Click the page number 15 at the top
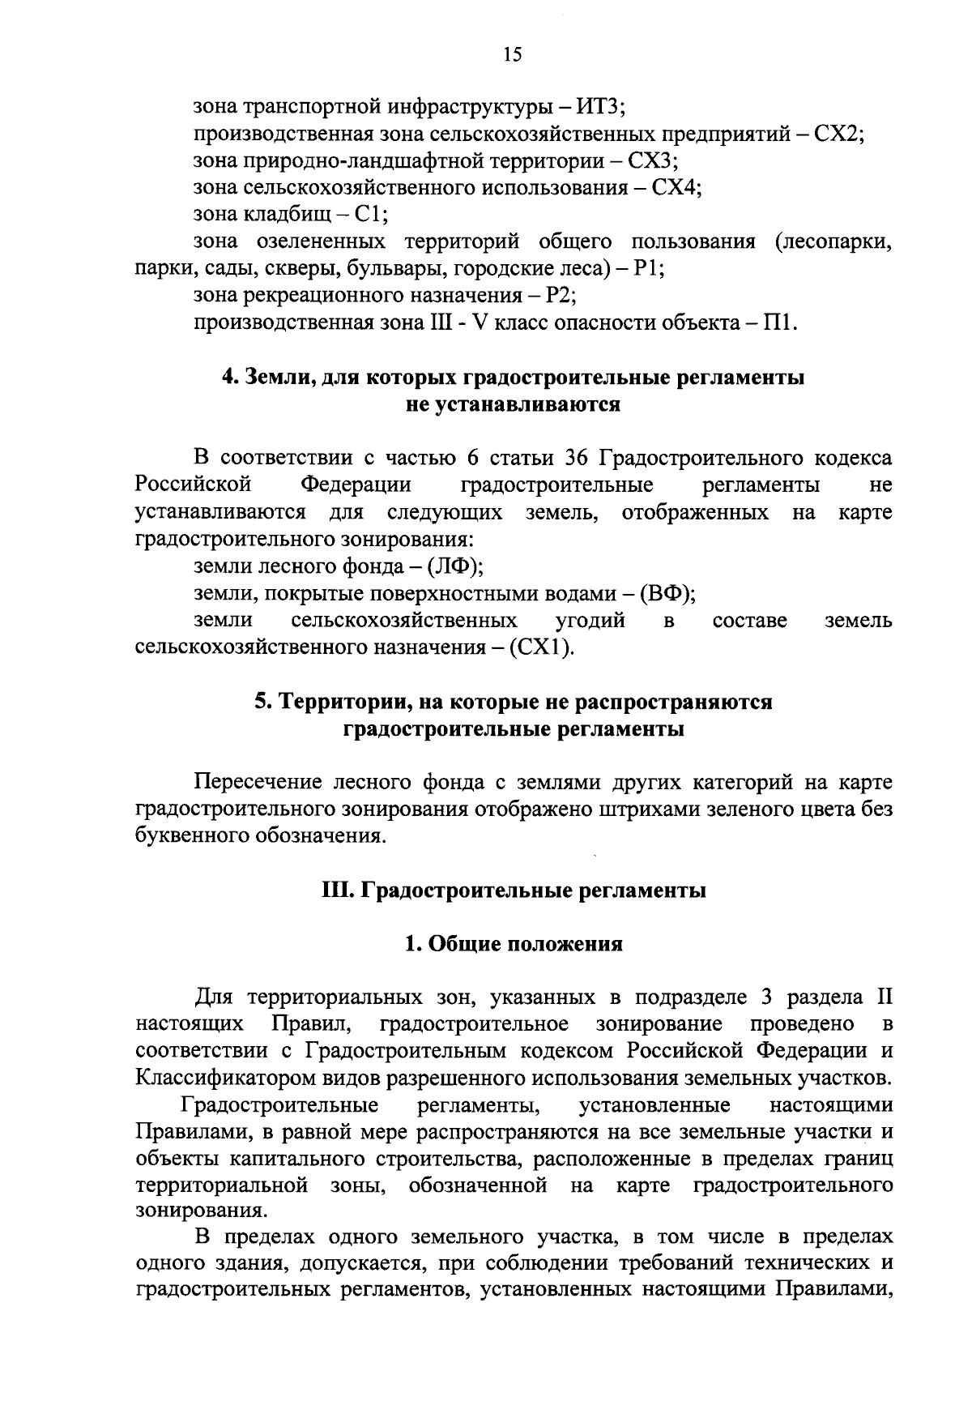coord(512,54)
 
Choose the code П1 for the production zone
coord(780,323)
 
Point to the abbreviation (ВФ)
coord(668,594)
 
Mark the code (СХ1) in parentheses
coord(540,648)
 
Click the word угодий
coord(590,621)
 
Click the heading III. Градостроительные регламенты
coord(514,891)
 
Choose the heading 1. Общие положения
coord(514,944)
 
